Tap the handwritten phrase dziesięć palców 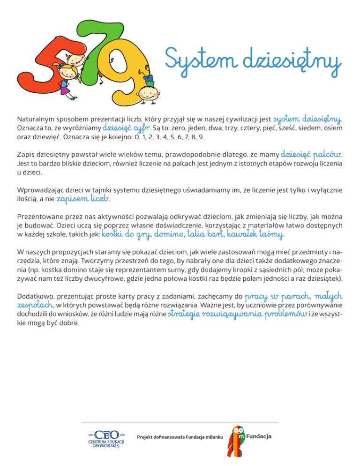pos(311,154)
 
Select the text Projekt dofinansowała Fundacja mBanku pos(177,437)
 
